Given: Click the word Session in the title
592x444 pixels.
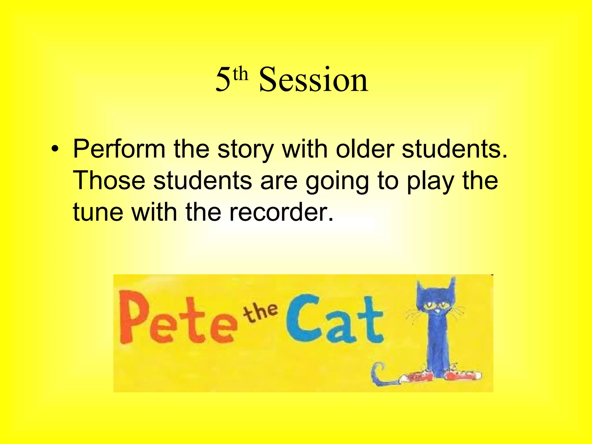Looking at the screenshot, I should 313,79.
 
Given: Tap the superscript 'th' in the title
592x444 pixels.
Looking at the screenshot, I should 240,74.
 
